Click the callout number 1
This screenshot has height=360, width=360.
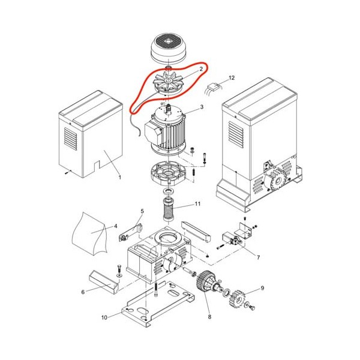click(119, 178)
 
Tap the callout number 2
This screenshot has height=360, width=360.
click(202, 69)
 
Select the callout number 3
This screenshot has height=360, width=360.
click(202, 107)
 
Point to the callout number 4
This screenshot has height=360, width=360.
click(115, 226)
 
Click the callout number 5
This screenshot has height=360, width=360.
click(142, 211)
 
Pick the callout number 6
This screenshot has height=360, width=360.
click(83, 292)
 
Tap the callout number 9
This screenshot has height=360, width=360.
click(262, 289)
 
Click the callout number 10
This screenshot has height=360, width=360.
click(104, 316)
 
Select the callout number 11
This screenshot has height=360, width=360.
click(198, 204)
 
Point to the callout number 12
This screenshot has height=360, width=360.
click(232, 77)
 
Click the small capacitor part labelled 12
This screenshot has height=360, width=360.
click(213, 88)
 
